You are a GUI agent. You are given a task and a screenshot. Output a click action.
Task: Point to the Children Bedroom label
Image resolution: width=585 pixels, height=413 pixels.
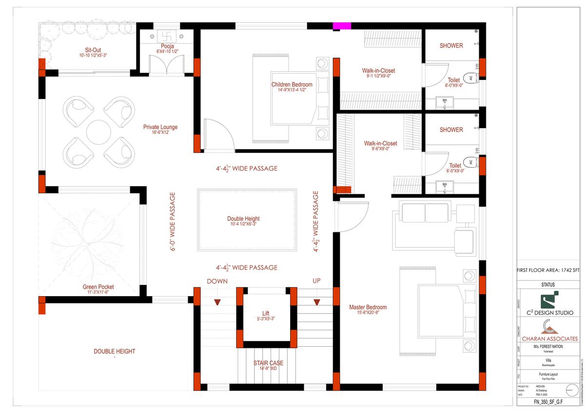point(292,85)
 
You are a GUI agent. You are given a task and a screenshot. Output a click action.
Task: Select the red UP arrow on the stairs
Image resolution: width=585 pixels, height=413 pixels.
point(317,302)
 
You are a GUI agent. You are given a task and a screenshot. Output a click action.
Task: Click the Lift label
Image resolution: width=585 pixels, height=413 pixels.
point(266,314)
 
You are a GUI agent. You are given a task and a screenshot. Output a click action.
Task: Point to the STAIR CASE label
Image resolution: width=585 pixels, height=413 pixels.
point(268,363)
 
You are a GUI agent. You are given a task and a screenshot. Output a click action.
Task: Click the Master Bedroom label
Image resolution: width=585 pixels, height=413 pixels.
point(368,307)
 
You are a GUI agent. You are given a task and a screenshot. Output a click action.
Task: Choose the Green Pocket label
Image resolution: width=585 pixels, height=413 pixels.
point(98,287)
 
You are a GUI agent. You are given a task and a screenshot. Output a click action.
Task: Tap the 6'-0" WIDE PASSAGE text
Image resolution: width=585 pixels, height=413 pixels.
point(173,222)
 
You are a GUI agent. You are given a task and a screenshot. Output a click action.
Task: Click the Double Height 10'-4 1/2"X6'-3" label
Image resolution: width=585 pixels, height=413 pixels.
point(243,219)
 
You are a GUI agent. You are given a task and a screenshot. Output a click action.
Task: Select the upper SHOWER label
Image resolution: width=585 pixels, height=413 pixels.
point(451,46)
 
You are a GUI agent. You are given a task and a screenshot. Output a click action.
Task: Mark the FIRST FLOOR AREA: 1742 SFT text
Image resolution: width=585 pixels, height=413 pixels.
point(548,270)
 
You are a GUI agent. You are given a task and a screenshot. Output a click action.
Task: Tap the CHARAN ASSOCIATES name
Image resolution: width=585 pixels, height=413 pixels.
point(549,338)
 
